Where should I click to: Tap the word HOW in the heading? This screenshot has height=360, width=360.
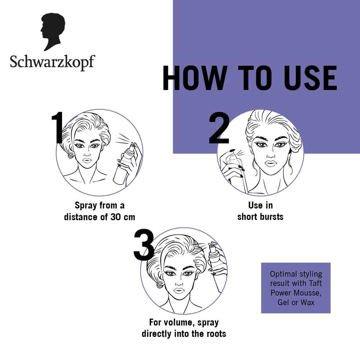pos(194,79)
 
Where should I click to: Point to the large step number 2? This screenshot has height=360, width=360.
pos(219,129)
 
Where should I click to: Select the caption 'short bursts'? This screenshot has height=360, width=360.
pos(260,217)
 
